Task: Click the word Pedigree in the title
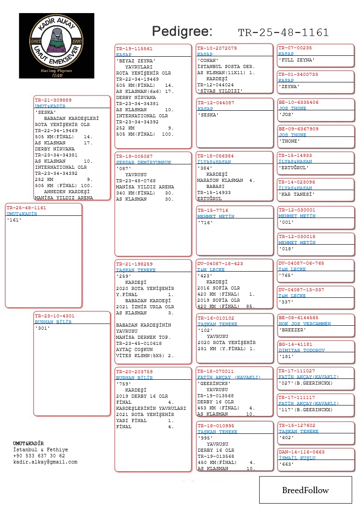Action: (x=182, y=31)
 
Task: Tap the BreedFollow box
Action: (x=305, y=490)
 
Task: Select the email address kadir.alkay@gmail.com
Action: (x=45, y=462)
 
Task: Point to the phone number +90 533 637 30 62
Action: (x=39, y=456)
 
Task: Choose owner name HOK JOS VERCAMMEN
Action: (x=305, y=324)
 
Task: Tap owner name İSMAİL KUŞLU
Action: (x=297, y=458)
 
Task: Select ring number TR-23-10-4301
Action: (x=55, y=316)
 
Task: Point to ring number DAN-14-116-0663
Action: (x=302, y=452)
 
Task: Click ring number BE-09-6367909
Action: (x=298, y=129)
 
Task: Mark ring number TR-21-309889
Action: (x=53, y=100)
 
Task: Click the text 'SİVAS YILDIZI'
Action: (x=219, y=91)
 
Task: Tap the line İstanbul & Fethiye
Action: (x=41, y=450)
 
